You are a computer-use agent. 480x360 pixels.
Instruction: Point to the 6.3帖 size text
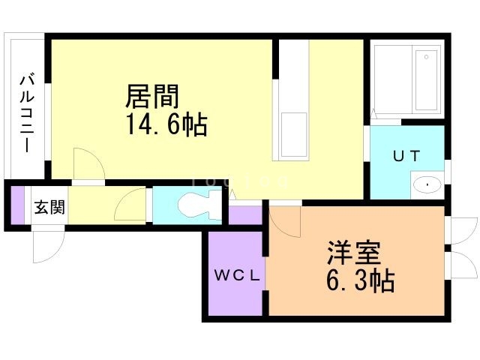click(361, 281)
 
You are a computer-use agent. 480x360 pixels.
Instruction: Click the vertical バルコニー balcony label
click(27, 111)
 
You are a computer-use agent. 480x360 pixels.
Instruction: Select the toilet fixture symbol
click(199, 205)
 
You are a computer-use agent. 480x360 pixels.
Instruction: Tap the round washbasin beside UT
click(427, 184)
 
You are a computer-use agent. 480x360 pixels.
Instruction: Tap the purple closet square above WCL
click(244, 214)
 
